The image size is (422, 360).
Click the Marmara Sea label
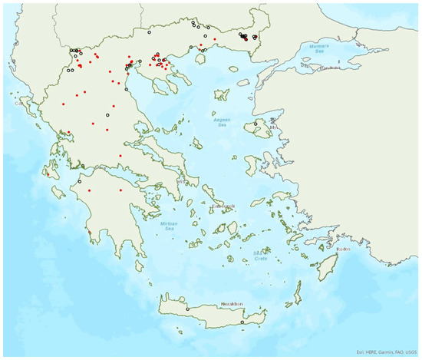tap(317, 47)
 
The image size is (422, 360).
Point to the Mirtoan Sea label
tap(170, 226)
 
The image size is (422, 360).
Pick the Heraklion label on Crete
tap(232, 304)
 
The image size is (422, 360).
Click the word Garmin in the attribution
tap(381, 352)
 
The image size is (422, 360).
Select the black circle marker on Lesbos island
tap(256, 123)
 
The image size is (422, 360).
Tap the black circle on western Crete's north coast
tap(186, 309)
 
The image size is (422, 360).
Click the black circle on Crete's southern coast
tap(242, 322)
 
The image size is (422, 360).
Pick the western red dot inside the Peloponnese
tap(90, 190)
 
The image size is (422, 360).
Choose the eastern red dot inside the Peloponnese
tap(120, 190)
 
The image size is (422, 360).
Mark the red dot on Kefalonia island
tap(48, 174)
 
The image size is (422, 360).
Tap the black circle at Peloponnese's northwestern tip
tap(79, 182)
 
